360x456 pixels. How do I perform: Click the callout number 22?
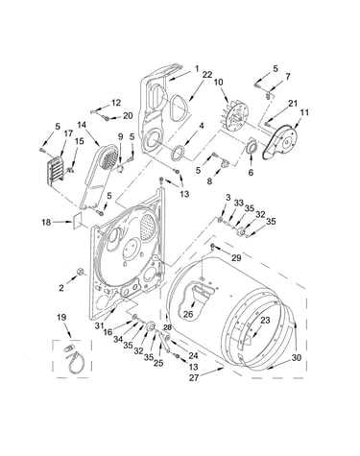(207, 75)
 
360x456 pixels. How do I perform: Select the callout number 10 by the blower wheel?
(218, 83)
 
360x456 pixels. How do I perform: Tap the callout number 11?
(304, 112)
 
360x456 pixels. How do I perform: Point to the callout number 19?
(61, 317)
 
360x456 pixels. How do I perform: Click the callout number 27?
(194, 377)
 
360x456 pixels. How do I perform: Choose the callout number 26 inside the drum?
(188, 314)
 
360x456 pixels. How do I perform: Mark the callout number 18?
(46, 222)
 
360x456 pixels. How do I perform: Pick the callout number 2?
(61, 288)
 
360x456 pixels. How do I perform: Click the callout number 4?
(201, 126)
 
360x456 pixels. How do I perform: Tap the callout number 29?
(236, 257)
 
